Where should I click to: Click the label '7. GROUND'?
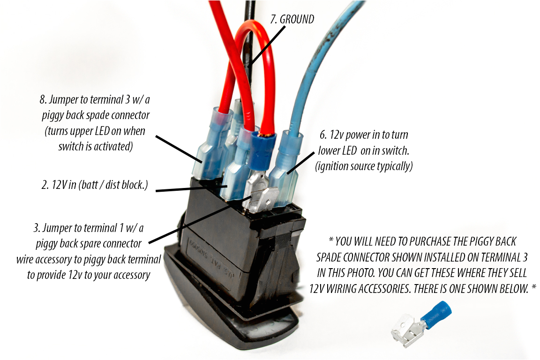coord(292,19)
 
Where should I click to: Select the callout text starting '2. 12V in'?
coord(94,185)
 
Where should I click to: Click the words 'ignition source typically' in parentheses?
coord(364,166)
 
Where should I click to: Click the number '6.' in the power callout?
coord(323,135)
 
